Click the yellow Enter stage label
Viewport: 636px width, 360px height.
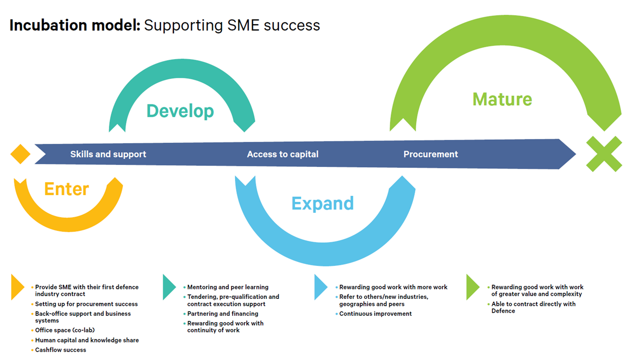click(x=67, y=189)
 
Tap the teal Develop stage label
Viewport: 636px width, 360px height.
click(x=180, y=111)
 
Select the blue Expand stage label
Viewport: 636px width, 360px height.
click(x=322, y=203)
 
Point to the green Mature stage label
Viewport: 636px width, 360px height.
click(x=502, y=99)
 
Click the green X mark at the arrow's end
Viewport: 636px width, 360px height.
click(x=604, y=154)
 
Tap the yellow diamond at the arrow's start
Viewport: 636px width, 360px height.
click(x=20, y=154)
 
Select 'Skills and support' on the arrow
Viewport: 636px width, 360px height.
click(x=108, y=154)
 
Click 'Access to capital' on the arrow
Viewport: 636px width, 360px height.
click(x=282, y=154)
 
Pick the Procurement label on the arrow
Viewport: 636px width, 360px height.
click(x=431, y=154)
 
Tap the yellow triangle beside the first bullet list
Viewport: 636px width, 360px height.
click(x=17, y=287)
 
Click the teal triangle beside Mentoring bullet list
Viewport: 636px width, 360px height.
click(x=168, y=287)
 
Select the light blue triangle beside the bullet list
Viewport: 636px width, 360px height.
click(x=320, y=287)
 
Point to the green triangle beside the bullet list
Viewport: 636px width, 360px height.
click(x=472, y=287)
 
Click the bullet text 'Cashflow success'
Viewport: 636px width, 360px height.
click(x=61, y=350)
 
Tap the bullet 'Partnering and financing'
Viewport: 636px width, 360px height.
click(x=223, y=314)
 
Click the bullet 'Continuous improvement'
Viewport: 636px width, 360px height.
click(x=375, y=314)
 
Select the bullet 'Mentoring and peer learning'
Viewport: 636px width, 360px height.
click(x=228, y=287)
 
